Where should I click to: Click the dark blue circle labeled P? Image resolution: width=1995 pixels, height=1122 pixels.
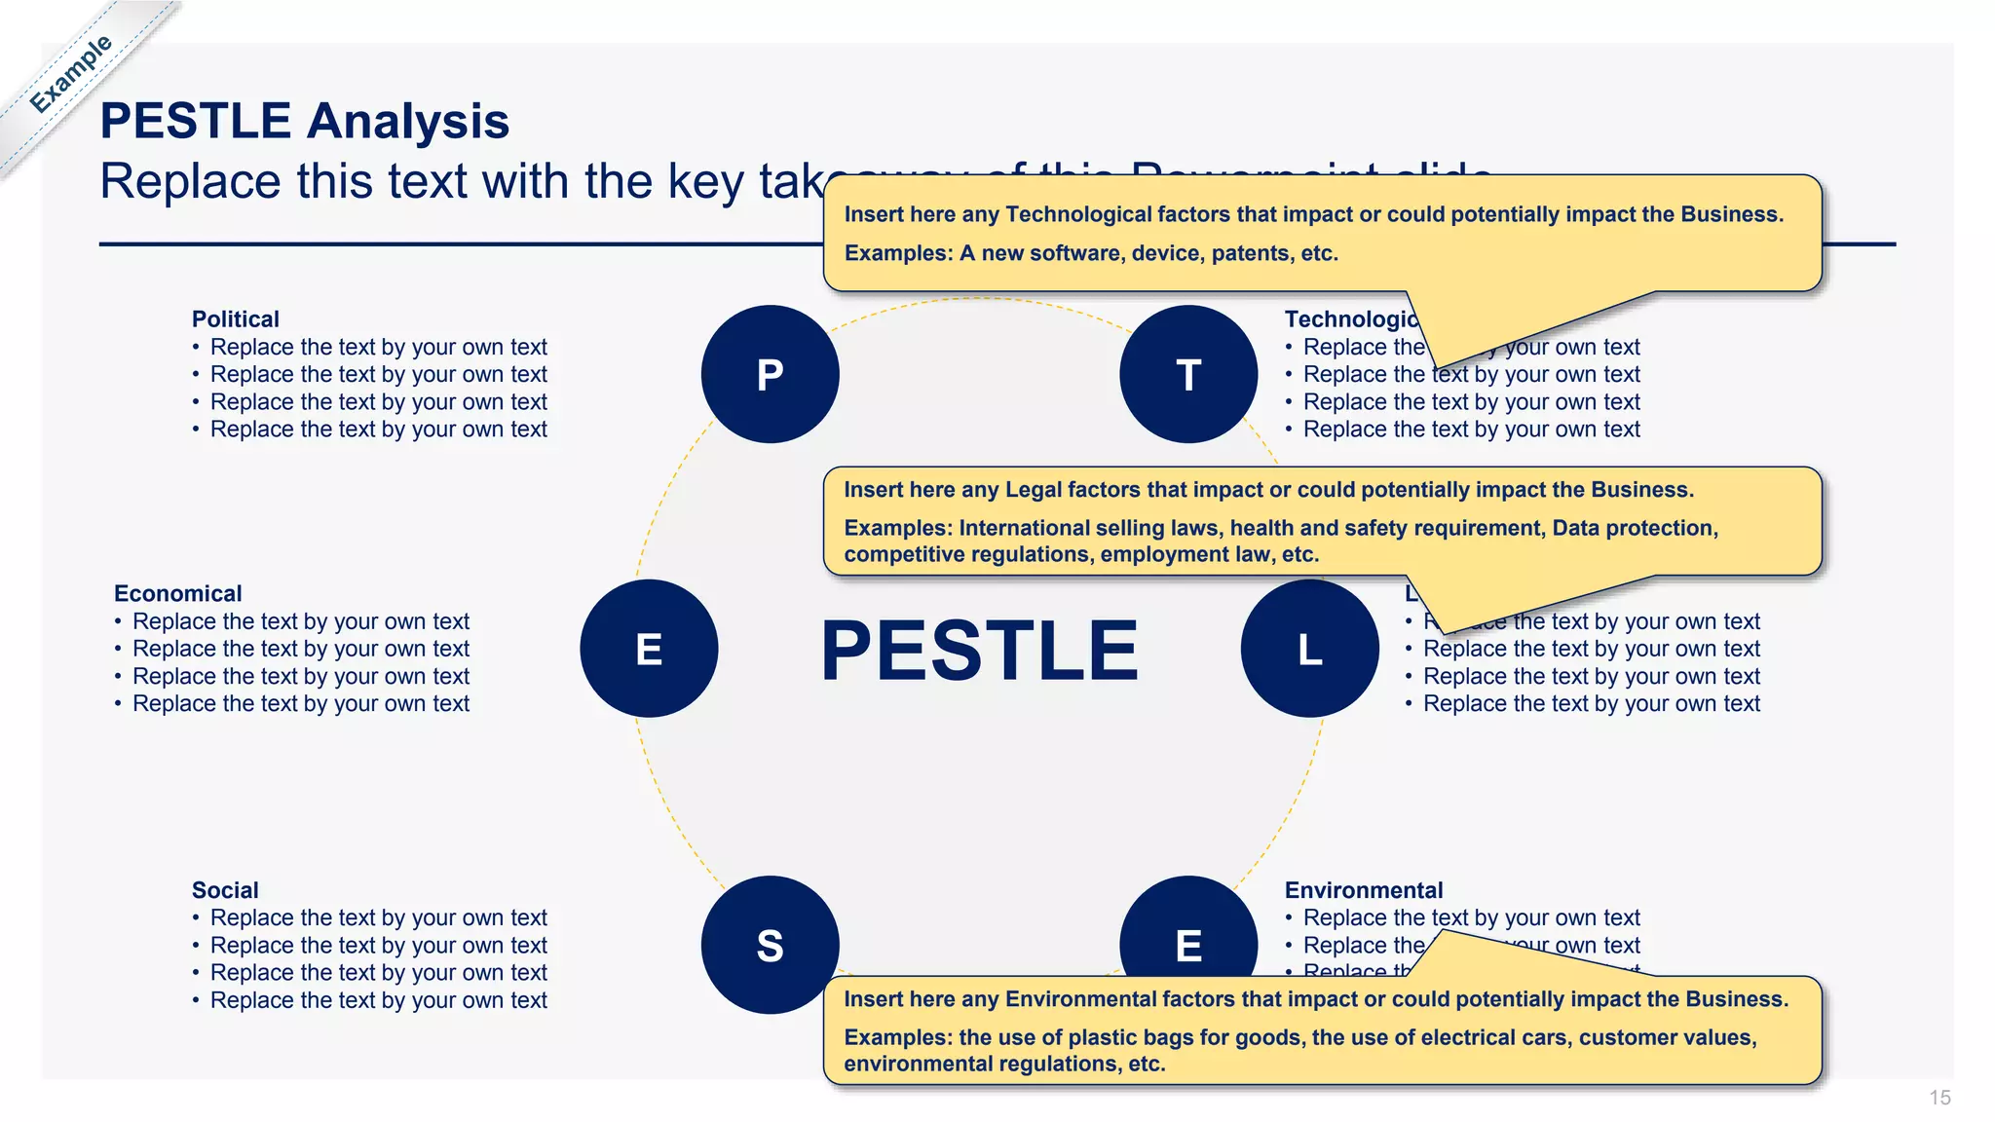[x=770, y=374]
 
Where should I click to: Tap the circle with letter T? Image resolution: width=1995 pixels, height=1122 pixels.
[x=1188, y=374]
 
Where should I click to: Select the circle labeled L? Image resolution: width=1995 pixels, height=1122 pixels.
[x=1309, y=649]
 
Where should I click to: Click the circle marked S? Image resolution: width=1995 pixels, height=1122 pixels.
[x=770, y=945]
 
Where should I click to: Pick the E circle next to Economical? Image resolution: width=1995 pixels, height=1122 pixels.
[x=649, y=649]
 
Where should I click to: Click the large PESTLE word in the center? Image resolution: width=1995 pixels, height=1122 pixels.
[x=979, y=651]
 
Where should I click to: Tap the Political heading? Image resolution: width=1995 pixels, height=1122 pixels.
[x=235, y=319]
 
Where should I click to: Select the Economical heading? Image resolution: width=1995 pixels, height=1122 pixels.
[x=177, y=594]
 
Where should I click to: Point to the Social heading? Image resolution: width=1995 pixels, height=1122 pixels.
[x=225, y=890]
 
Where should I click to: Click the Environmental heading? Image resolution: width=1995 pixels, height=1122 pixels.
[x=1363, y=890]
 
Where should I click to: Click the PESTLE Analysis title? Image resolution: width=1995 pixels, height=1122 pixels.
[x=304, y=121]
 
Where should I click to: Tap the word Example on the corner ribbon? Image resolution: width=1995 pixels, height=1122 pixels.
[x=70, y=74]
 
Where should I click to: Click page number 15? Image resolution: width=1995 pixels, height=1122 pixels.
[x=1939, y=1098]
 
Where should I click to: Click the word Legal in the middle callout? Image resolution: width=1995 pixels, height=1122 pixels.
[x=1033, y=490]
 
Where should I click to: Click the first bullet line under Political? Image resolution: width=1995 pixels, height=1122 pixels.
[x=378, y=348]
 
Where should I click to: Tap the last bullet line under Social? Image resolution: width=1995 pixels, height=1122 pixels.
[x=378, y=1000]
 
